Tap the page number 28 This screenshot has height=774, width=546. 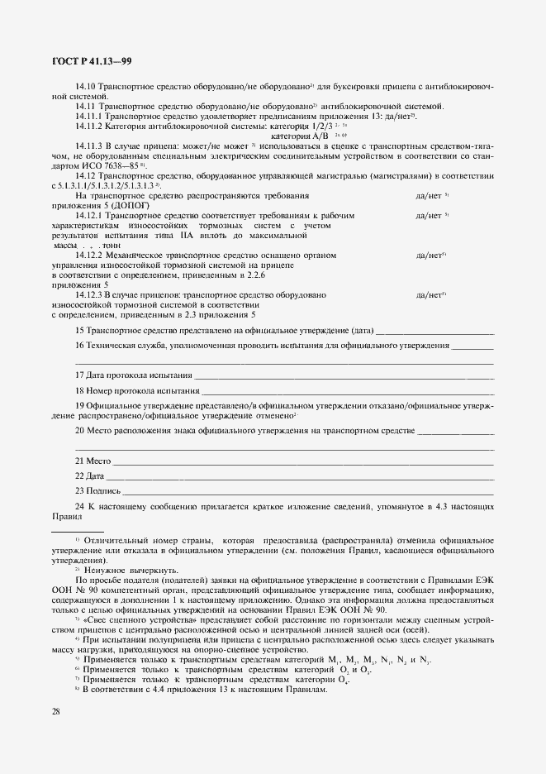56,711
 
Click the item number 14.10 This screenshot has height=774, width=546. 86,86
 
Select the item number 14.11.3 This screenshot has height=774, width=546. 90,146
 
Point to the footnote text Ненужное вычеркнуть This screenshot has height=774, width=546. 125,571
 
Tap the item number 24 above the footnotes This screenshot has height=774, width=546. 79,505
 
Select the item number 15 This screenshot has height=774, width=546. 79,330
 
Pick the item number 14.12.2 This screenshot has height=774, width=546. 90,255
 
